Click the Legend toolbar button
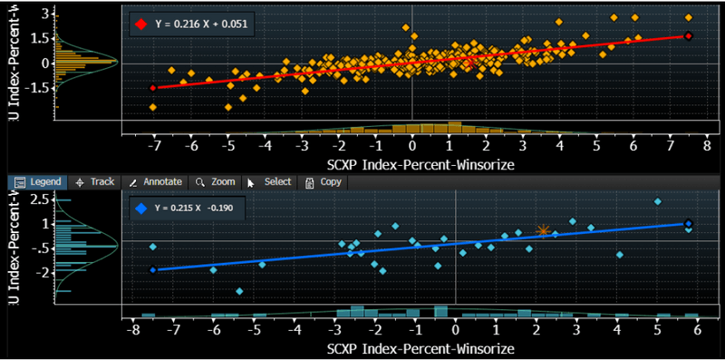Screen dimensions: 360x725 (x=37, y=181)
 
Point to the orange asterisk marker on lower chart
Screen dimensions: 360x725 (x=543, y=231)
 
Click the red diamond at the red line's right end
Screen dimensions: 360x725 (x=688, y=36)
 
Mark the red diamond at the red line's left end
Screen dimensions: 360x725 (x=152, y=88)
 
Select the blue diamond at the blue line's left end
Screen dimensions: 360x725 (x=152, y=269)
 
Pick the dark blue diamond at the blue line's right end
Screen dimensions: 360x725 (x=688, y=223)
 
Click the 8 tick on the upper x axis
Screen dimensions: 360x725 (x=707, y=145)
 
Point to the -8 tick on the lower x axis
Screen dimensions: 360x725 (x=133, y=332)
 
